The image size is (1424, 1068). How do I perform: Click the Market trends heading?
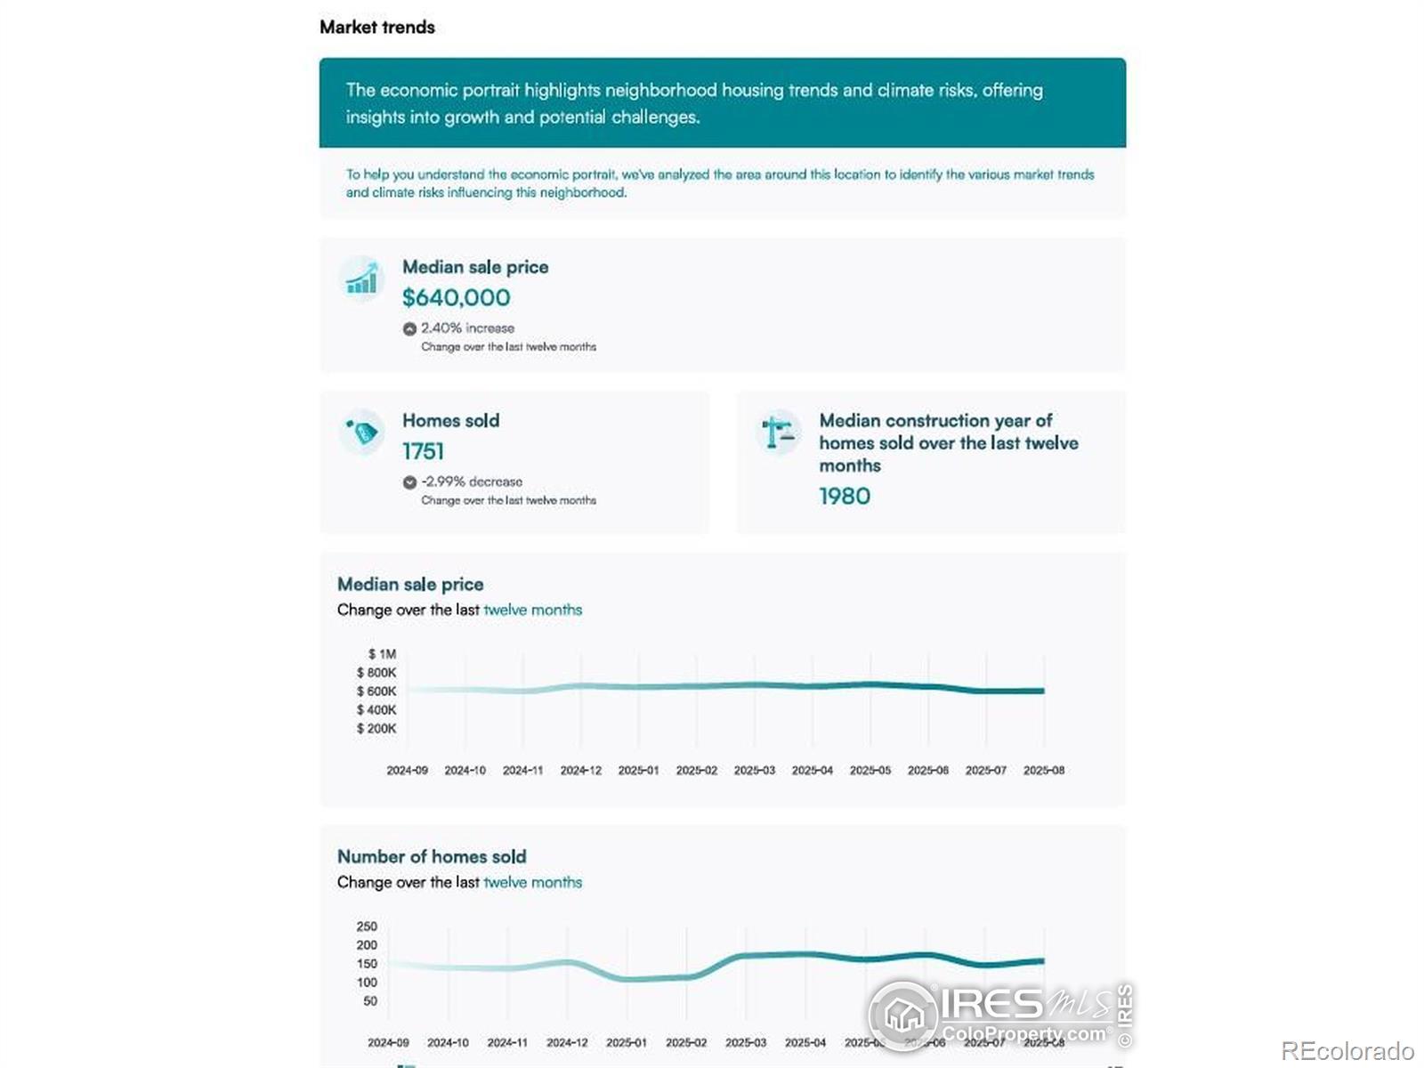click(376, 28)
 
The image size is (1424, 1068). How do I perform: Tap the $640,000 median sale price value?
click(456, 297)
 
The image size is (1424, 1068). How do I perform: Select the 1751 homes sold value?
click(423, 451)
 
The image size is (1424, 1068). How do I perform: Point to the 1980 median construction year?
click(845, 496)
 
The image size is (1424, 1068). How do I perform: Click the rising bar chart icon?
click(361, 279)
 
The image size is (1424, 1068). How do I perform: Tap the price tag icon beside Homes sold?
click(361, 433)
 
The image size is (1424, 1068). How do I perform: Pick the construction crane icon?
click(778, 433)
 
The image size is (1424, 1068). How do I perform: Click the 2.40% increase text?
click(467, 328)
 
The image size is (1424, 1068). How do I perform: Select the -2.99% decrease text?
click(472, 481)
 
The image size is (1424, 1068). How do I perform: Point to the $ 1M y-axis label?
click(382, 654)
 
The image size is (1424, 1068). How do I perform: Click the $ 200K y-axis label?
click(376, 729)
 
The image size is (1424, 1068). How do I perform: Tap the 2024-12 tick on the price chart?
click(580, 771)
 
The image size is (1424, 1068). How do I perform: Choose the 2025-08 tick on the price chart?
click(1043, 771)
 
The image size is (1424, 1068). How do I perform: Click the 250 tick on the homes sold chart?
click(367, 926)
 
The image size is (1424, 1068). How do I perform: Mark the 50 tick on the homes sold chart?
click(370, 1001)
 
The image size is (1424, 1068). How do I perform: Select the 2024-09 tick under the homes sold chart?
click(388, 1042)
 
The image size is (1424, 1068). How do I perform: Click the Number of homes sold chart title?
click(432, 856)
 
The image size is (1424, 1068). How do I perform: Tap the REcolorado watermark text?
click(1347, 1051)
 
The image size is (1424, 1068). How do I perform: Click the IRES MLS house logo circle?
click(902, 1015)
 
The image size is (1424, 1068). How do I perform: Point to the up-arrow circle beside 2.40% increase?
click(409, 328)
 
